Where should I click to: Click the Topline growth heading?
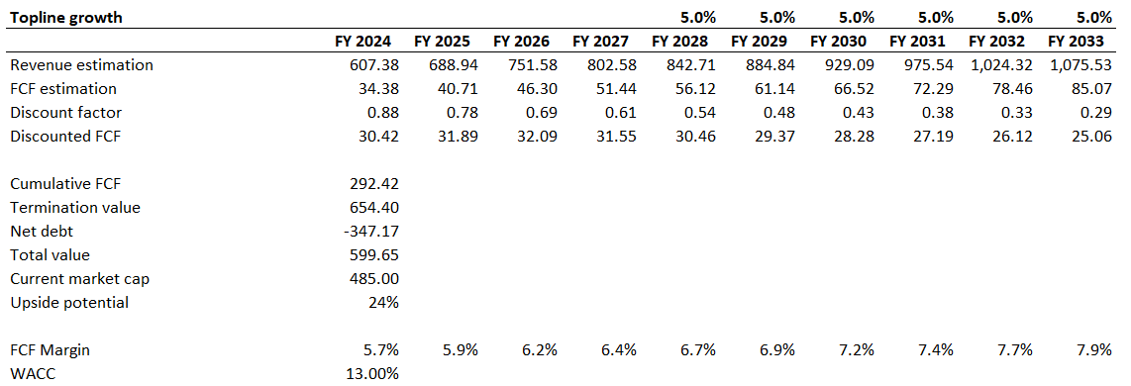click(x=67, y=18)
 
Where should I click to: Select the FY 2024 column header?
click(x=365, y=42)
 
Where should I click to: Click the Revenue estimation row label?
click(x=81, y=65)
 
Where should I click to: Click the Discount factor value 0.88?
click(x=382, y=113)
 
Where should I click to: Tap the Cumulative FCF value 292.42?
click(x=374, y=184)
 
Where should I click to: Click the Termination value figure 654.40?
click(x=374, y=208)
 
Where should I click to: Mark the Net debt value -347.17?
click(x=371, y=232)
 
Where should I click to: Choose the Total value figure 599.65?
click(x=374, y=255)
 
